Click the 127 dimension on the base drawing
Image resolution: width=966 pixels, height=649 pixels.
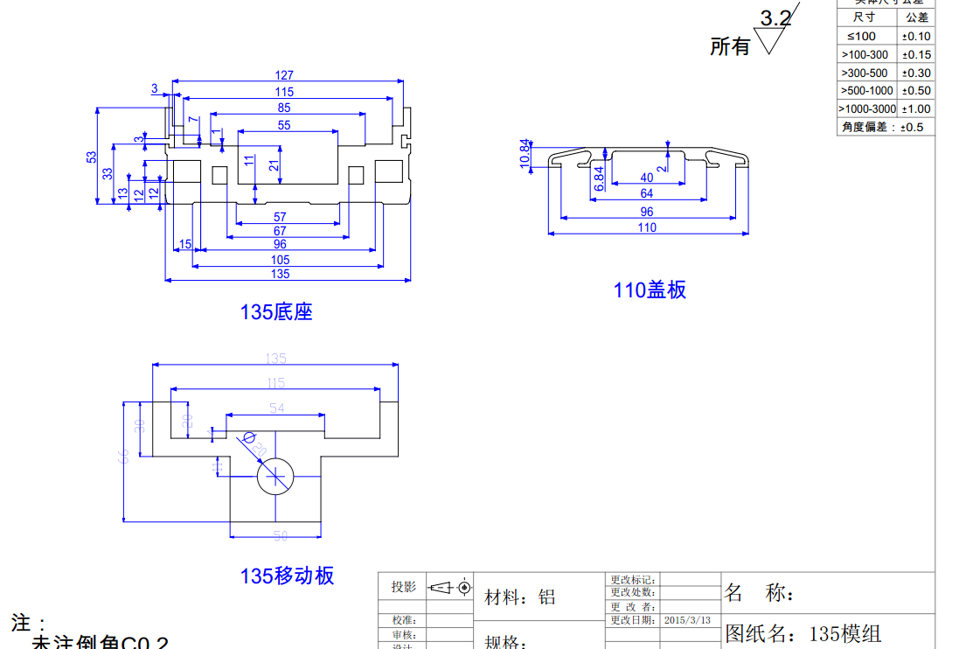pyautogui.click(x=284, y=75)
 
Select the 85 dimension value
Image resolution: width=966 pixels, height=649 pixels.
pyautogui.click(x=284, y=108)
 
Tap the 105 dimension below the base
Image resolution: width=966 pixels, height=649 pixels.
pyautogui.click(x=281, y=260)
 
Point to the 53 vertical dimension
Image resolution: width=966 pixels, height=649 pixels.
pyautogui.click(x=92, y=157)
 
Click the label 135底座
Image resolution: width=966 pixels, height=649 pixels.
pyautogui.click(x=276, y=311)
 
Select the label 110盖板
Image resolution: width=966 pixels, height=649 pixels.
pyautogui.click(x=650, y=290)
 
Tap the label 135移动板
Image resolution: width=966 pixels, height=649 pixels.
pyautogui.click(x=288, y=576)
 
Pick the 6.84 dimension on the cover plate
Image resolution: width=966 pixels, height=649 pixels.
pyautogui.click(x=599, y=178)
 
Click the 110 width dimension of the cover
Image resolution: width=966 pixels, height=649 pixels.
pyautogui.click(x=647, y=228)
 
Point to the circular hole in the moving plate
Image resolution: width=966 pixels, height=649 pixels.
pyautogui.click(x=275, y=476)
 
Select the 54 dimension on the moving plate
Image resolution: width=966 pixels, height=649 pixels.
pyautogui.click(x=276, y=408)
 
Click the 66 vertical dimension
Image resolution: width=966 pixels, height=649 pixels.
pyautogui.click(x=123, y=455)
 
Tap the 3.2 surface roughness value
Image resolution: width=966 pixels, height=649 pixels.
pyautogui.click(x=775, y=18)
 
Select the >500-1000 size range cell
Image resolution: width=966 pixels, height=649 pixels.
pyautogui.click(x=866, y=90)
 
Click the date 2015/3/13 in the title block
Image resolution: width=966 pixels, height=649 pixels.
pyautogui.click(x=687, y=620)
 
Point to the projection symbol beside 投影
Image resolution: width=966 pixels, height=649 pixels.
pyautogui.click(x=449, y=587)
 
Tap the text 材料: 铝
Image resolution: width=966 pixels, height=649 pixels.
pyautogui.click(x=520, y=597)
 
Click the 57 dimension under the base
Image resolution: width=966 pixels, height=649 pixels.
pyautogui.click(x=280, y=217)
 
